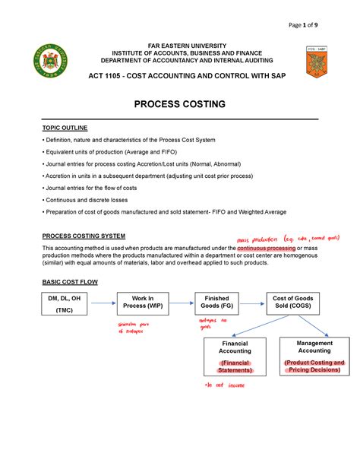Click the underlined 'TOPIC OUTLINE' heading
tap(65, 128)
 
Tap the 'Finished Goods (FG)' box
tap(217, 305)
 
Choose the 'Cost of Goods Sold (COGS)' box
tap(292, 305)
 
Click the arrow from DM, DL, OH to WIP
tap(103, 305)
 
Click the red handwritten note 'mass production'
tap(258, 239)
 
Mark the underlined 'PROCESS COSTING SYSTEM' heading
tap(84, 236)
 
